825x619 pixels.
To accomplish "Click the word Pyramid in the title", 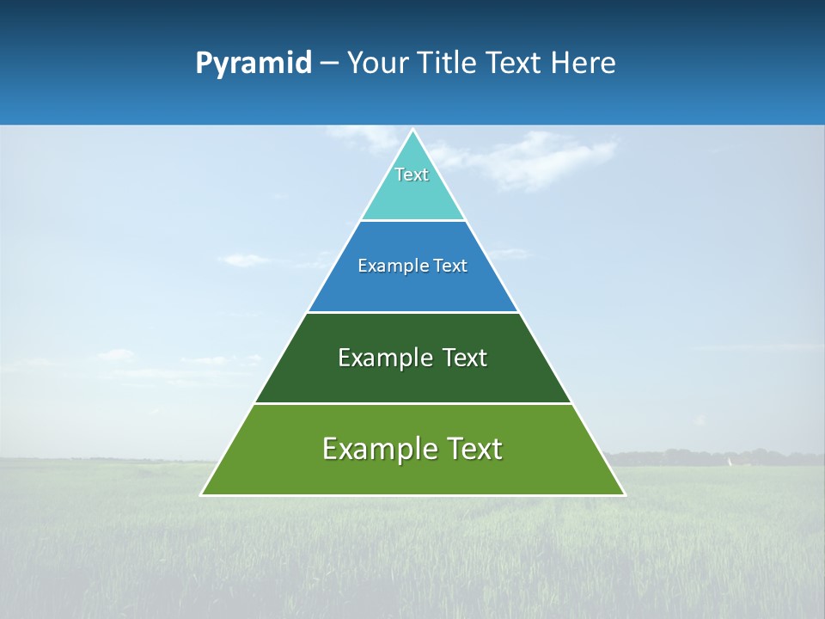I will (x=254, y=64).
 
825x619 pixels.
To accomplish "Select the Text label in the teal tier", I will (x=412, y=175).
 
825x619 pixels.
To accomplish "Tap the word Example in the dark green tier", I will (x=386, y=358).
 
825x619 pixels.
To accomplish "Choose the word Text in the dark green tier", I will (x=464, y=358).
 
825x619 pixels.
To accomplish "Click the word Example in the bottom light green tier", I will (x=377, y=449).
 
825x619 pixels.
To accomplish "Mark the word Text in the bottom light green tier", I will (x=474, y=449).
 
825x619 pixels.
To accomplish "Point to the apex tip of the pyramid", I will (x=413, y=131).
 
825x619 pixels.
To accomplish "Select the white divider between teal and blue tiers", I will (x=413, y=221).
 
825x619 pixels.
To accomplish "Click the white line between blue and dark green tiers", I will (x=413, y=312).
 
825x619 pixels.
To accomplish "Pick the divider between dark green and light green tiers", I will (x=413, y=403).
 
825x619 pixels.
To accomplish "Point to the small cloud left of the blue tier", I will (x=245, y=260).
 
